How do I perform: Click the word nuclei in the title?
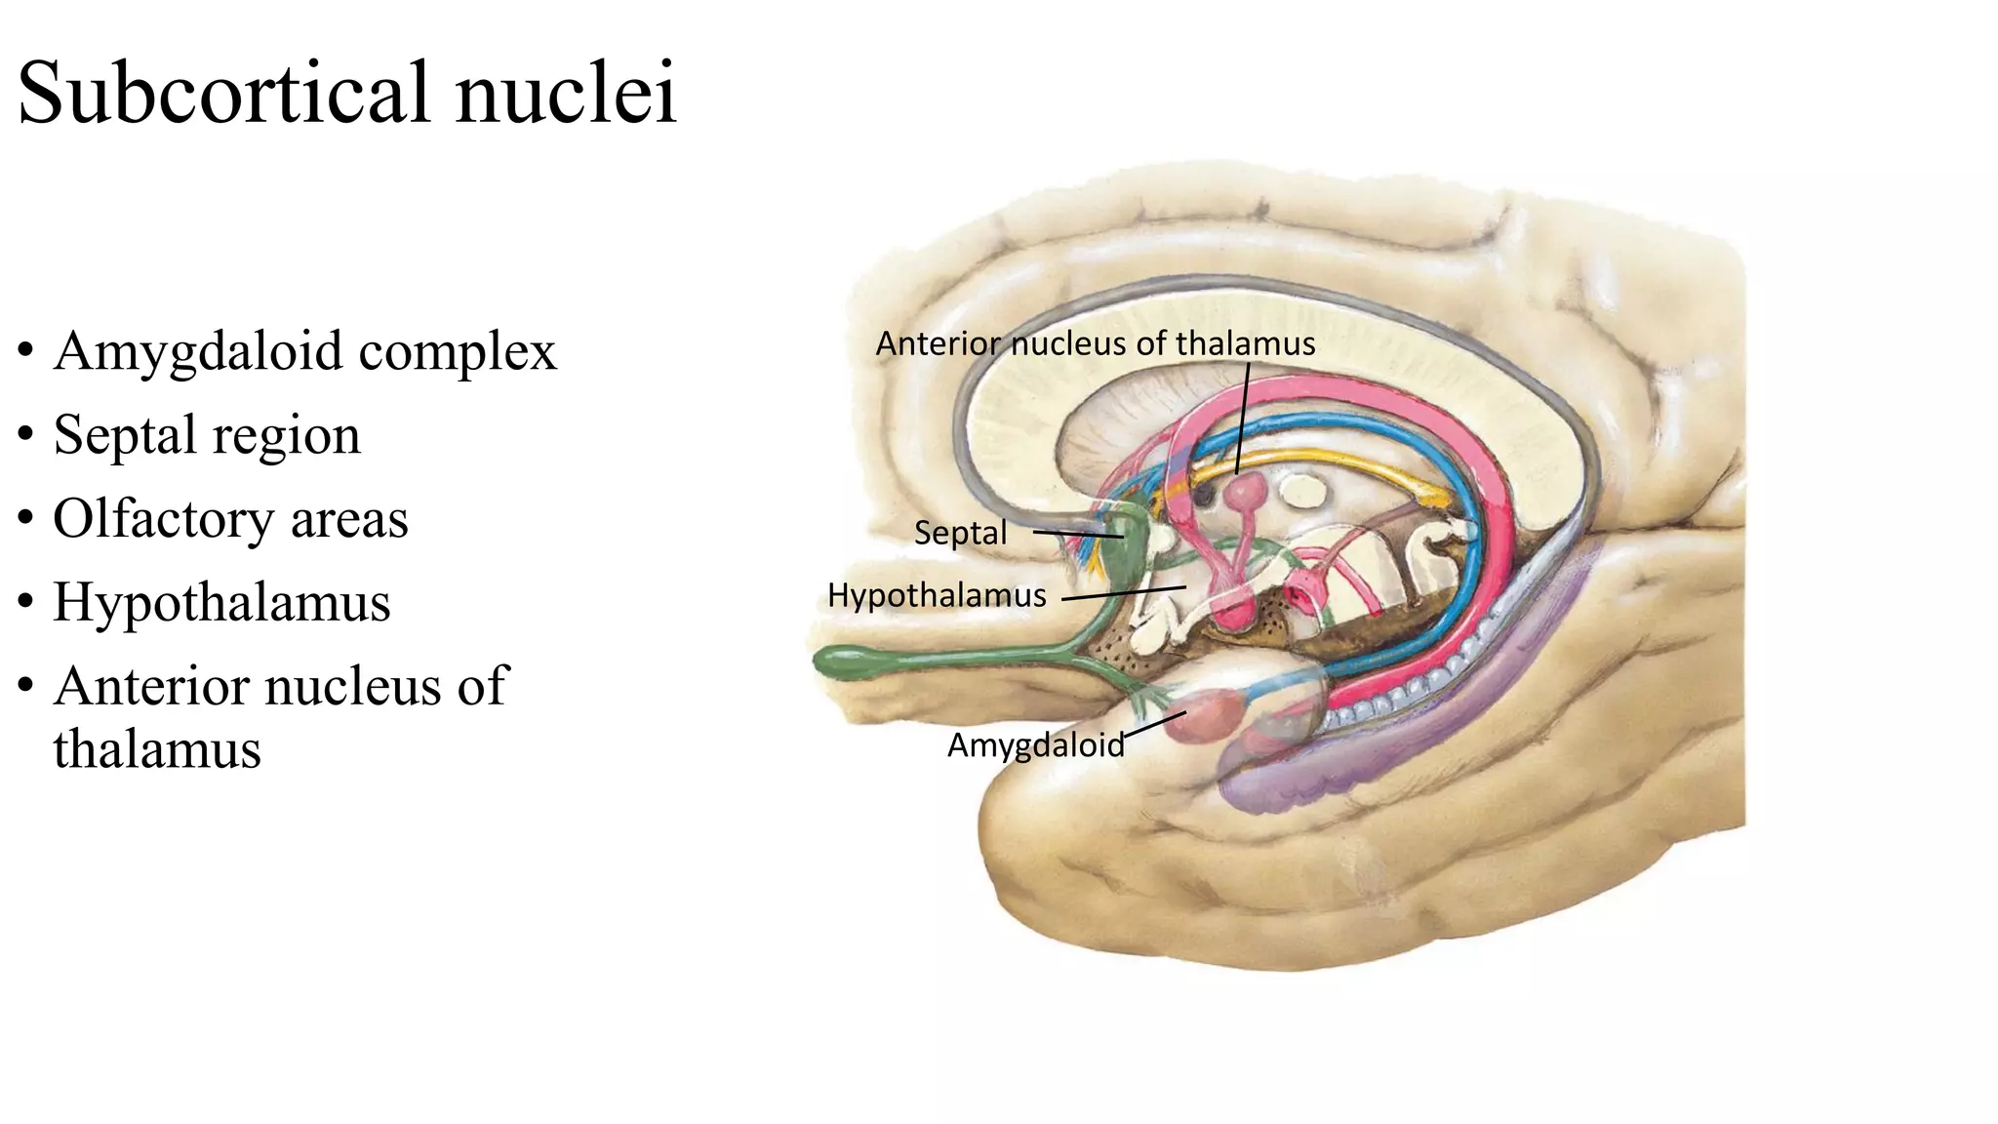(x=566, y=94)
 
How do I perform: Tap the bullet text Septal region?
(x=207, y=435)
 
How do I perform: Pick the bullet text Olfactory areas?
(x=230, y=519)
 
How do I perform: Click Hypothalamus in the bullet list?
(x=221, y=602)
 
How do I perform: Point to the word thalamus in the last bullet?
(x=157, y=749)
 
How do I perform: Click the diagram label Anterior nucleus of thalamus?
(x=1095, y=343)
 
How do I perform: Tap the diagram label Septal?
(x=960, y=533)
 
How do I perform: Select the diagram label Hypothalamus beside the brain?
(x=937, y=595)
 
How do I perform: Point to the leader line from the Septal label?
(x=1077, y=534)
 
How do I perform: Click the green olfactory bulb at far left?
(x=859, y=662)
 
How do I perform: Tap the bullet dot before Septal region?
(x=26, y=437)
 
